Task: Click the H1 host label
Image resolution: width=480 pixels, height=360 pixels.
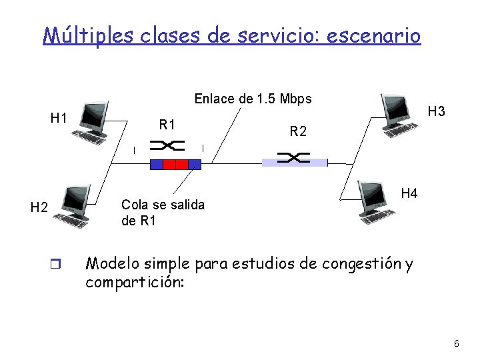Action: [x=59, y=118]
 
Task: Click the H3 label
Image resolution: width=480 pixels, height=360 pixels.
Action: [x=436, y=111]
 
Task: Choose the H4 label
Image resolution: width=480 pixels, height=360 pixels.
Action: [x=409, y=193]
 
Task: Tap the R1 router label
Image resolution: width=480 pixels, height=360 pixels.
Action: [x=167, y=124]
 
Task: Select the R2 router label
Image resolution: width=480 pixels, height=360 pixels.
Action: [x=298, y=132]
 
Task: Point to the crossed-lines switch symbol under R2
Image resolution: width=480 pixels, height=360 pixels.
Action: [x=293, y=157]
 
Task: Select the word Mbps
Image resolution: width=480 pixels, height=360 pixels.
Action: [x=297, y=99]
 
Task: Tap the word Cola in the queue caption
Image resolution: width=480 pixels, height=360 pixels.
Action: [x=133, y=205]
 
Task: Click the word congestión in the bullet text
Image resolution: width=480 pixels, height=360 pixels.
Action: [x=356, y=263]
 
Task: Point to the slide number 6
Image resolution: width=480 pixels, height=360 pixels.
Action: [x=456, y=343]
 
